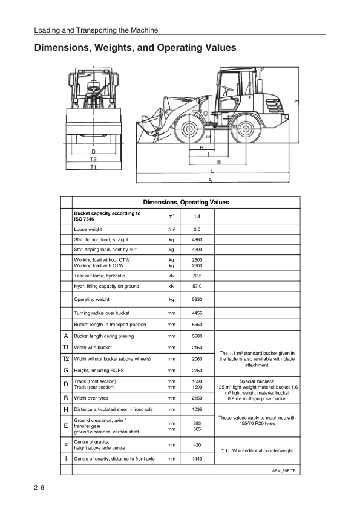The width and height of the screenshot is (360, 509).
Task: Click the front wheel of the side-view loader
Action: click(x=189, y=129)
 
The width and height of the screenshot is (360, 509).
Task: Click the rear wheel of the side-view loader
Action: click(x=245, y=129)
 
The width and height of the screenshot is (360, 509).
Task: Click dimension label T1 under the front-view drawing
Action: click(x=93, y=166)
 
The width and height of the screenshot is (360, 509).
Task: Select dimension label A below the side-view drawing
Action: click(x=210, y=180)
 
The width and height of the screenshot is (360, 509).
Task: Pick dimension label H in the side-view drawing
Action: click(x=201, y=147)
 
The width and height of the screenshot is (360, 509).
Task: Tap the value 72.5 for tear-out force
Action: click(x=197, y=276)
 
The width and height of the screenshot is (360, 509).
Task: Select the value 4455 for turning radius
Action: click(x=197, y=313)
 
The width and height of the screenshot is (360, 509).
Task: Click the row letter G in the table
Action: click(x=65, y=369)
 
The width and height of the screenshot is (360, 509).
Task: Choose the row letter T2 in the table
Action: click(x=65, y=358)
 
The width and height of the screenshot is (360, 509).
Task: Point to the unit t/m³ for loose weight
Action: click(x=171, y=230)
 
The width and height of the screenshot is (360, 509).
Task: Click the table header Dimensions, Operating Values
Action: click(x=186, y=203)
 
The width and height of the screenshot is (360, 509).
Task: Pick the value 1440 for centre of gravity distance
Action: click(x=197, y=459)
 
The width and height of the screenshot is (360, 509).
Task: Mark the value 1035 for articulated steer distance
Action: click(x=197, y=410)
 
